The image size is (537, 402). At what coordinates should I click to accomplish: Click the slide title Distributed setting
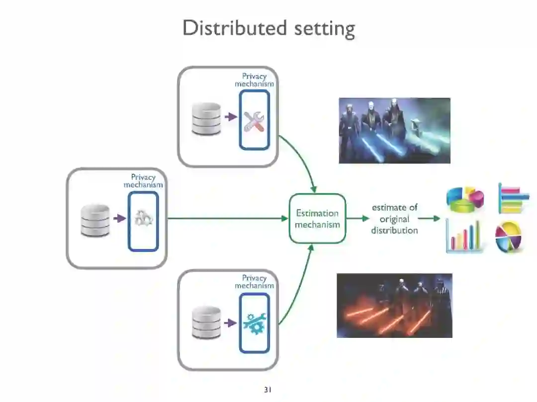point(268,28)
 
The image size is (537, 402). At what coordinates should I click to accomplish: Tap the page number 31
point(268,390)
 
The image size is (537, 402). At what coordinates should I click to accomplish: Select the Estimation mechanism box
point(317,219)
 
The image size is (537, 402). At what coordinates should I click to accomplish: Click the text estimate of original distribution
point(394,219)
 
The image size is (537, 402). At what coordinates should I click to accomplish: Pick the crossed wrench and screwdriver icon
point(254,121)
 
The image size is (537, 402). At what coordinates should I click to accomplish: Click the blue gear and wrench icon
point(254,323)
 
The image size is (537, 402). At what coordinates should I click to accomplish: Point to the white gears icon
point(143,218)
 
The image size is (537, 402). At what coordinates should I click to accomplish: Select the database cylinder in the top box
point(206,119)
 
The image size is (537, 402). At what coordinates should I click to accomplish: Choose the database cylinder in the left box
point(95,220)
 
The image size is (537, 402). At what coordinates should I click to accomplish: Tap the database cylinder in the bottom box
point(206,322)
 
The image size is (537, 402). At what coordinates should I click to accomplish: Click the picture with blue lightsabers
point(394,131)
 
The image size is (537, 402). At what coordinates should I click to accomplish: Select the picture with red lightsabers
point(394,306)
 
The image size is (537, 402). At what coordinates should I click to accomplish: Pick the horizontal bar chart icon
point(513,198)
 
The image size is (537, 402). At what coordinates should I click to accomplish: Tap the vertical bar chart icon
point(464,237)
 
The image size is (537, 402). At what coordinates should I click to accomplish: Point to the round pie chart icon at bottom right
point(509,237)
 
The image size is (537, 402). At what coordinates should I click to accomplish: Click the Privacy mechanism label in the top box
point(254,80)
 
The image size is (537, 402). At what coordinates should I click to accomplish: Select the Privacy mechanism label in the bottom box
point(254,282)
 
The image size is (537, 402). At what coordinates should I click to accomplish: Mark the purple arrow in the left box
point(119,218)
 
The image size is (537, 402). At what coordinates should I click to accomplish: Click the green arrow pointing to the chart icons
point(429,218)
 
